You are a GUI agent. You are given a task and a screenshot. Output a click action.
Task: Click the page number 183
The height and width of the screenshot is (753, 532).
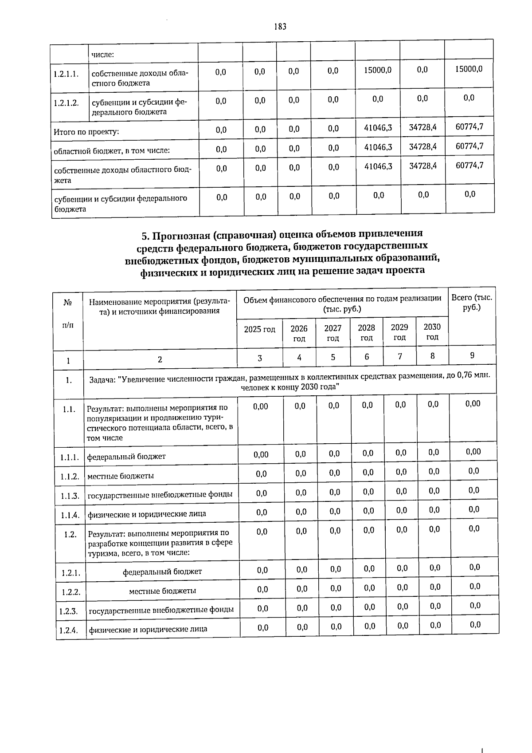click(x=280, y=27)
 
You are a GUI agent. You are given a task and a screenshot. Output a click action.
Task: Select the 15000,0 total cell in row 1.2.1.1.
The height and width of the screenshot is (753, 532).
click(x=469, y=69)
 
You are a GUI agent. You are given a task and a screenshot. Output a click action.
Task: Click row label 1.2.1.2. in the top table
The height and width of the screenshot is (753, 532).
click(x=66, y=103)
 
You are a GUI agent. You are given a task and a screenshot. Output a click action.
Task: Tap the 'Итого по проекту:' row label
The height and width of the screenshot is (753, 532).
click(x=86, y=132)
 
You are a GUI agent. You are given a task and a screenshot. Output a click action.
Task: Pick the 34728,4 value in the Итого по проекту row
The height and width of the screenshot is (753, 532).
click(x=422, y=127)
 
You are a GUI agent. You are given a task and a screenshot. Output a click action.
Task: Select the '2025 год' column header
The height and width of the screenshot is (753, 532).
click(x=259, y=329)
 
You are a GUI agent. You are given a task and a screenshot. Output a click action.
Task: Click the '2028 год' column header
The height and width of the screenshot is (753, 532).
click(x=366, y=332)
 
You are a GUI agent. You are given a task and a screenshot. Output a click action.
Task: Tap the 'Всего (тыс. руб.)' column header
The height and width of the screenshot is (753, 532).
click(x=472, y=302)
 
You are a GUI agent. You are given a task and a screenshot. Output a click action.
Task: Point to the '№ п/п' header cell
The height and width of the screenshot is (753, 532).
click(x=68, y=313)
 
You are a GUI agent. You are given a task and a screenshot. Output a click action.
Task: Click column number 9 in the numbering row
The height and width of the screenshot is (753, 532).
click(x=472, y=355)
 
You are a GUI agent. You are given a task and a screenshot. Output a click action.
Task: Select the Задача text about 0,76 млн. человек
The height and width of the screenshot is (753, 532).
click(x=290, y=381)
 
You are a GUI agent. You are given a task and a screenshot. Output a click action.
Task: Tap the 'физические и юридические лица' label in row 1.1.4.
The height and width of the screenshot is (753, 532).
click(x=147, y=514)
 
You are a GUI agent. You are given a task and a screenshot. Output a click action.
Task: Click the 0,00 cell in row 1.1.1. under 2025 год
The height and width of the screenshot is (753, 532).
click(x=261, y=454)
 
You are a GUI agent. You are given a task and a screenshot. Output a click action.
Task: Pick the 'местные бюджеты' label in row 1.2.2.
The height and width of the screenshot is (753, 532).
click(x=162, y=591)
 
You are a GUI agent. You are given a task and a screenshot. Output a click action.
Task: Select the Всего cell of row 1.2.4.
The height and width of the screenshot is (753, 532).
click(x=474, y=625)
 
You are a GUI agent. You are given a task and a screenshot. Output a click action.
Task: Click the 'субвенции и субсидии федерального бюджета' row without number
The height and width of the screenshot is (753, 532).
click(x=120, y=203)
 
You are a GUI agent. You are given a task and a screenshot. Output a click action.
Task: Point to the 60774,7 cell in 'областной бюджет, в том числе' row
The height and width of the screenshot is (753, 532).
click(x=469, y=146)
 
